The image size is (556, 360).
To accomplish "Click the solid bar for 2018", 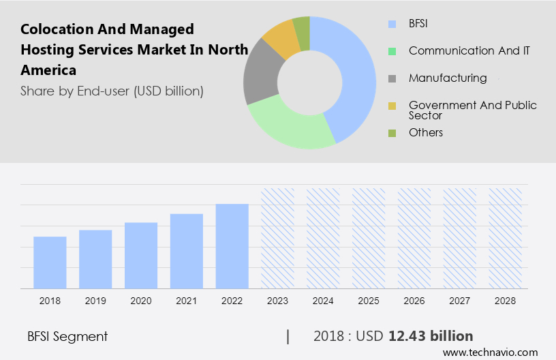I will point(50,262).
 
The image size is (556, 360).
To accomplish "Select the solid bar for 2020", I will point(141,256).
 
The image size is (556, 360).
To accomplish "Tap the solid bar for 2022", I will point(232,246).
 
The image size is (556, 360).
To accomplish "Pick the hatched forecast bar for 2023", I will point(277,239).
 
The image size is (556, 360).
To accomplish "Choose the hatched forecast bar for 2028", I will point(505,239).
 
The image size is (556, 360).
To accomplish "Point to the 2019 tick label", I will point(95,301).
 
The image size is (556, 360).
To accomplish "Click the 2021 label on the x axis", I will point(187,301).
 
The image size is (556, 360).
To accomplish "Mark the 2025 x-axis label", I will point(369,301).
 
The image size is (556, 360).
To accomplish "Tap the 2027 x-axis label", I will point(460,301).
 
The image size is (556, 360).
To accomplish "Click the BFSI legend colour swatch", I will point(392,24).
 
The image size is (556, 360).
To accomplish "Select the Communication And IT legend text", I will point(469,50).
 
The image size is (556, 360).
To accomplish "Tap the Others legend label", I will point(426,132).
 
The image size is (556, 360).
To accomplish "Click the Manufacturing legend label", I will point(448,78).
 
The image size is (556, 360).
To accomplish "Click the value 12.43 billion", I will point(431,336).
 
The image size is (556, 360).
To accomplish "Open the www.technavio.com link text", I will point(491,352).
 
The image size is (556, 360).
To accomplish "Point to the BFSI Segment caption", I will point(67,336).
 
